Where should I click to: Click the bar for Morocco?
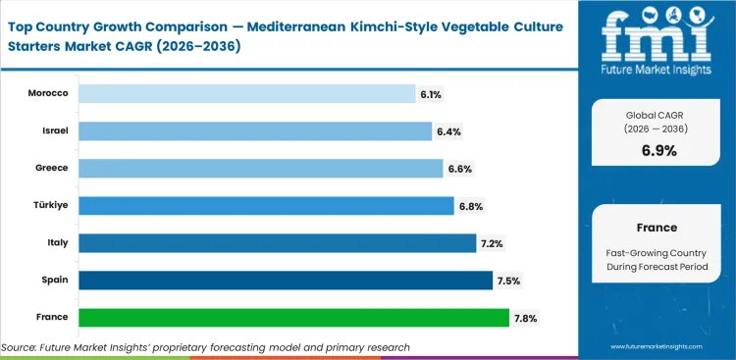click(246, 93)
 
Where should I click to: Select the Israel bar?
click(255, 130)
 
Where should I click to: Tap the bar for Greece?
click(260, 168)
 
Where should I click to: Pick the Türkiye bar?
click(266, 205)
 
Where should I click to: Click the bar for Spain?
click(285, 280)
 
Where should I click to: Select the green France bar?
click(293, 317)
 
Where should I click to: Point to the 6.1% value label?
click(432, 94)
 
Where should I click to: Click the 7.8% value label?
click(525, 318)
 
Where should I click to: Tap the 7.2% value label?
click(492, 243)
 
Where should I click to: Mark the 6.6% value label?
click(459, 169)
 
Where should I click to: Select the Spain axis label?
click(54, 280)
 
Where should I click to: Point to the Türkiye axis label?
click(51, 205)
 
